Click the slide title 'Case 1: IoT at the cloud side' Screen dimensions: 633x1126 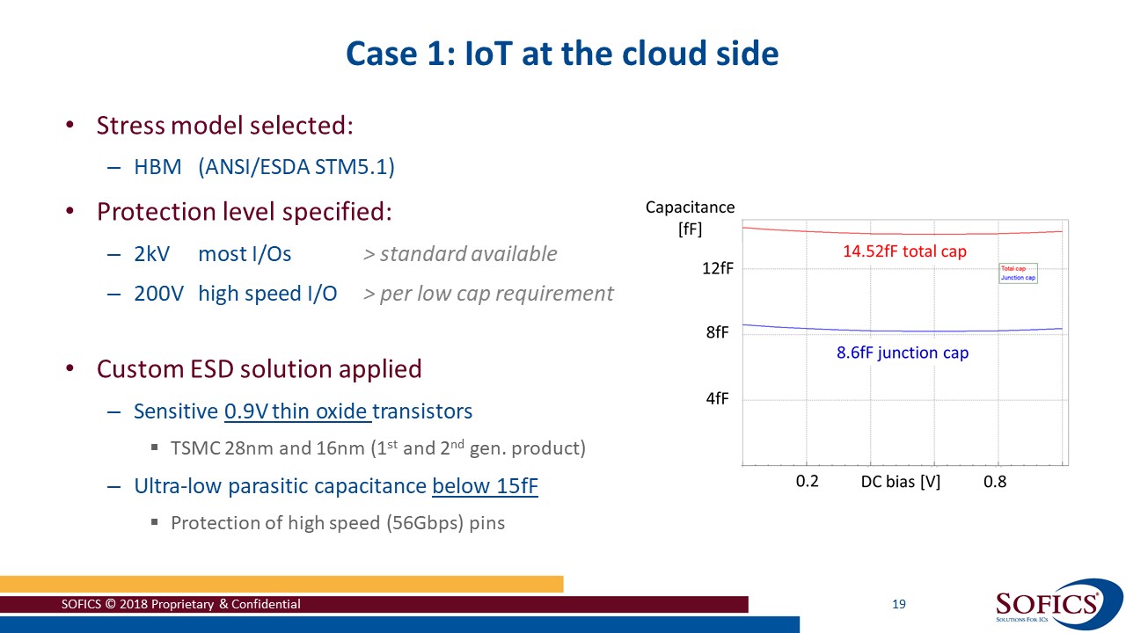pyautogui.click(x=562, y=54)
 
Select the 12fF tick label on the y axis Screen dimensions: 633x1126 pyautogui.click(x=717, y=269)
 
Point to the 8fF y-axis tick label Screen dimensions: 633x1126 pyautogui.click(x=717, y=333)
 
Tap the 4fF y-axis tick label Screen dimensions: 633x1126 pyautogui.click(x=717, y=398)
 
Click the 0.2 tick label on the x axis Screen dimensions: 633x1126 pyautogui.click(x=807, y=481)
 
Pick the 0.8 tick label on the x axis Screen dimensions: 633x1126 pyautogui.click(x=995, y=481)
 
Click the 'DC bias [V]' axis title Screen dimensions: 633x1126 pyautogui.click(x=900, y=481)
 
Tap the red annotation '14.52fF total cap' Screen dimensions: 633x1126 pyautogui.click(x=904, y=251)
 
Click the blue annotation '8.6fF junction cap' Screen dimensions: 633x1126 pyautogui.click(x=902, y=353)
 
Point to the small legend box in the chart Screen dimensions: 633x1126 pyautogui.click(x=1018, y=273)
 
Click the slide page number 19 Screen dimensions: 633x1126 pyautogui.click(x=898, y=604)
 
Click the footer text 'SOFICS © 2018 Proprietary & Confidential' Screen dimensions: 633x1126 pyautogui.click(x=180, y=604)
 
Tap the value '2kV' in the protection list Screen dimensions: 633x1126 pyautogui.click(x=151, y=254)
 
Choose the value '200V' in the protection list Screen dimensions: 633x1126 pyautogui.click(x=158, y=294)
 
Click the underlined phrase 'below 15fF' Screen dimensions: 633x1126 pyautogui.click(x=485, y=485)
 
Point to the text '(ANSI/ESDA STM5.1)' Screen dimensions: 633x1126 pyautogui.click(x=296, y=167)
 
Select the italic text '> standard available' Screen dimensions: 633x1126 pyautogui.click(x=460, y=254)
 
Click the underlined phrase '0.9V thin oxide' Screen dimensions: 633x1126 pyautogui.click(x=297, y=411)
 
